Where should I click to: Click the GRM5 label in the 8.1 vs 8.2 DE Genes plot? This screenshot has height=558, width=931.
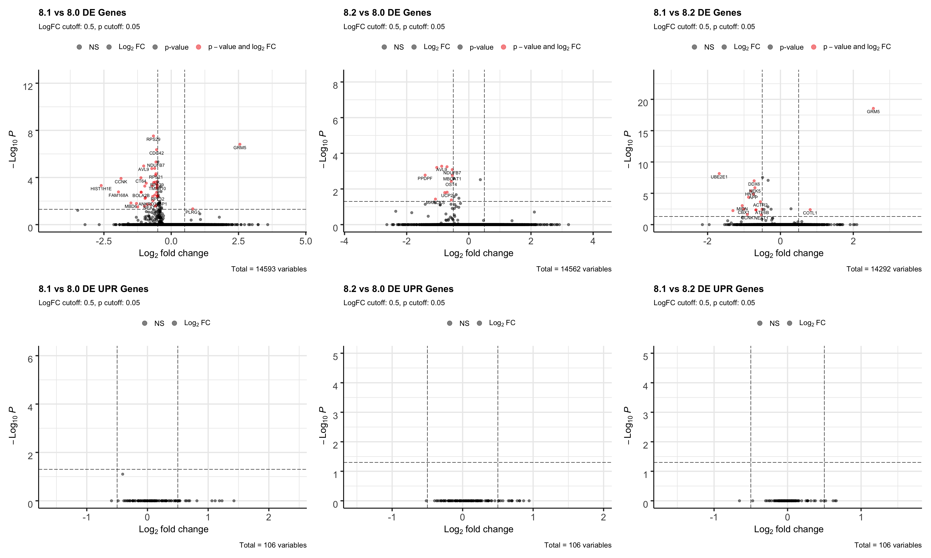click(x=873, y=112)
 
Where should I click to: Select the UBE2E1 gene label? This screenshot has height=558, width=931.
click(x=719, y=177)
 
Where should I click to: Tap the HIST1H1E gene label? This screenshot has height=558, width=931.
click(x=101, y=189)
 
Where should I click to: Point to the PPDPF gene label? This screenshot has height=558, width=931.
click(x=425, y=179)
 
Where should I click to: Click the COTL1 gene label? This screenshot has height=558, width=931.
click(x=810, y=213)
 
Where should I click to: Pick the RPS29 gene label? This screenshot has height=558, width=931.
click(x=153, y=139)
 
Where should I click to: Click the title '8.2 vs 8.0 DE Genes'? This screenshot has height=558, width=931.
click(x=387, y=13)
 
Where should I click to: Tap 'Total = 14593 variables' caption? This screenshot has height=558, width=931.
click(x=269, y=269)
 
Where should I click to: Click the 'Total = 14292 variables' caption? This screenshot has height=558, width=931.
click(x=884, y=269)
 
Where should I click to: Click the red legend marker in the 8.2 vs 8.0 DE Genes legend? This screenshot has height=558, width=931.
click(x=504, y=47)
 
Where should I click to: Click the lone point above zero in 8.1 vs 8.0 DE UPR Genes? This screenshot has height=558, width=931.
click(x=123, y=474)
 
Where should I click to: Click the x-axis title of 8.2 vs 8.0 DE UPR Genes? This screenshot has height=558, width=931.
click(x=478, y=530)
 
